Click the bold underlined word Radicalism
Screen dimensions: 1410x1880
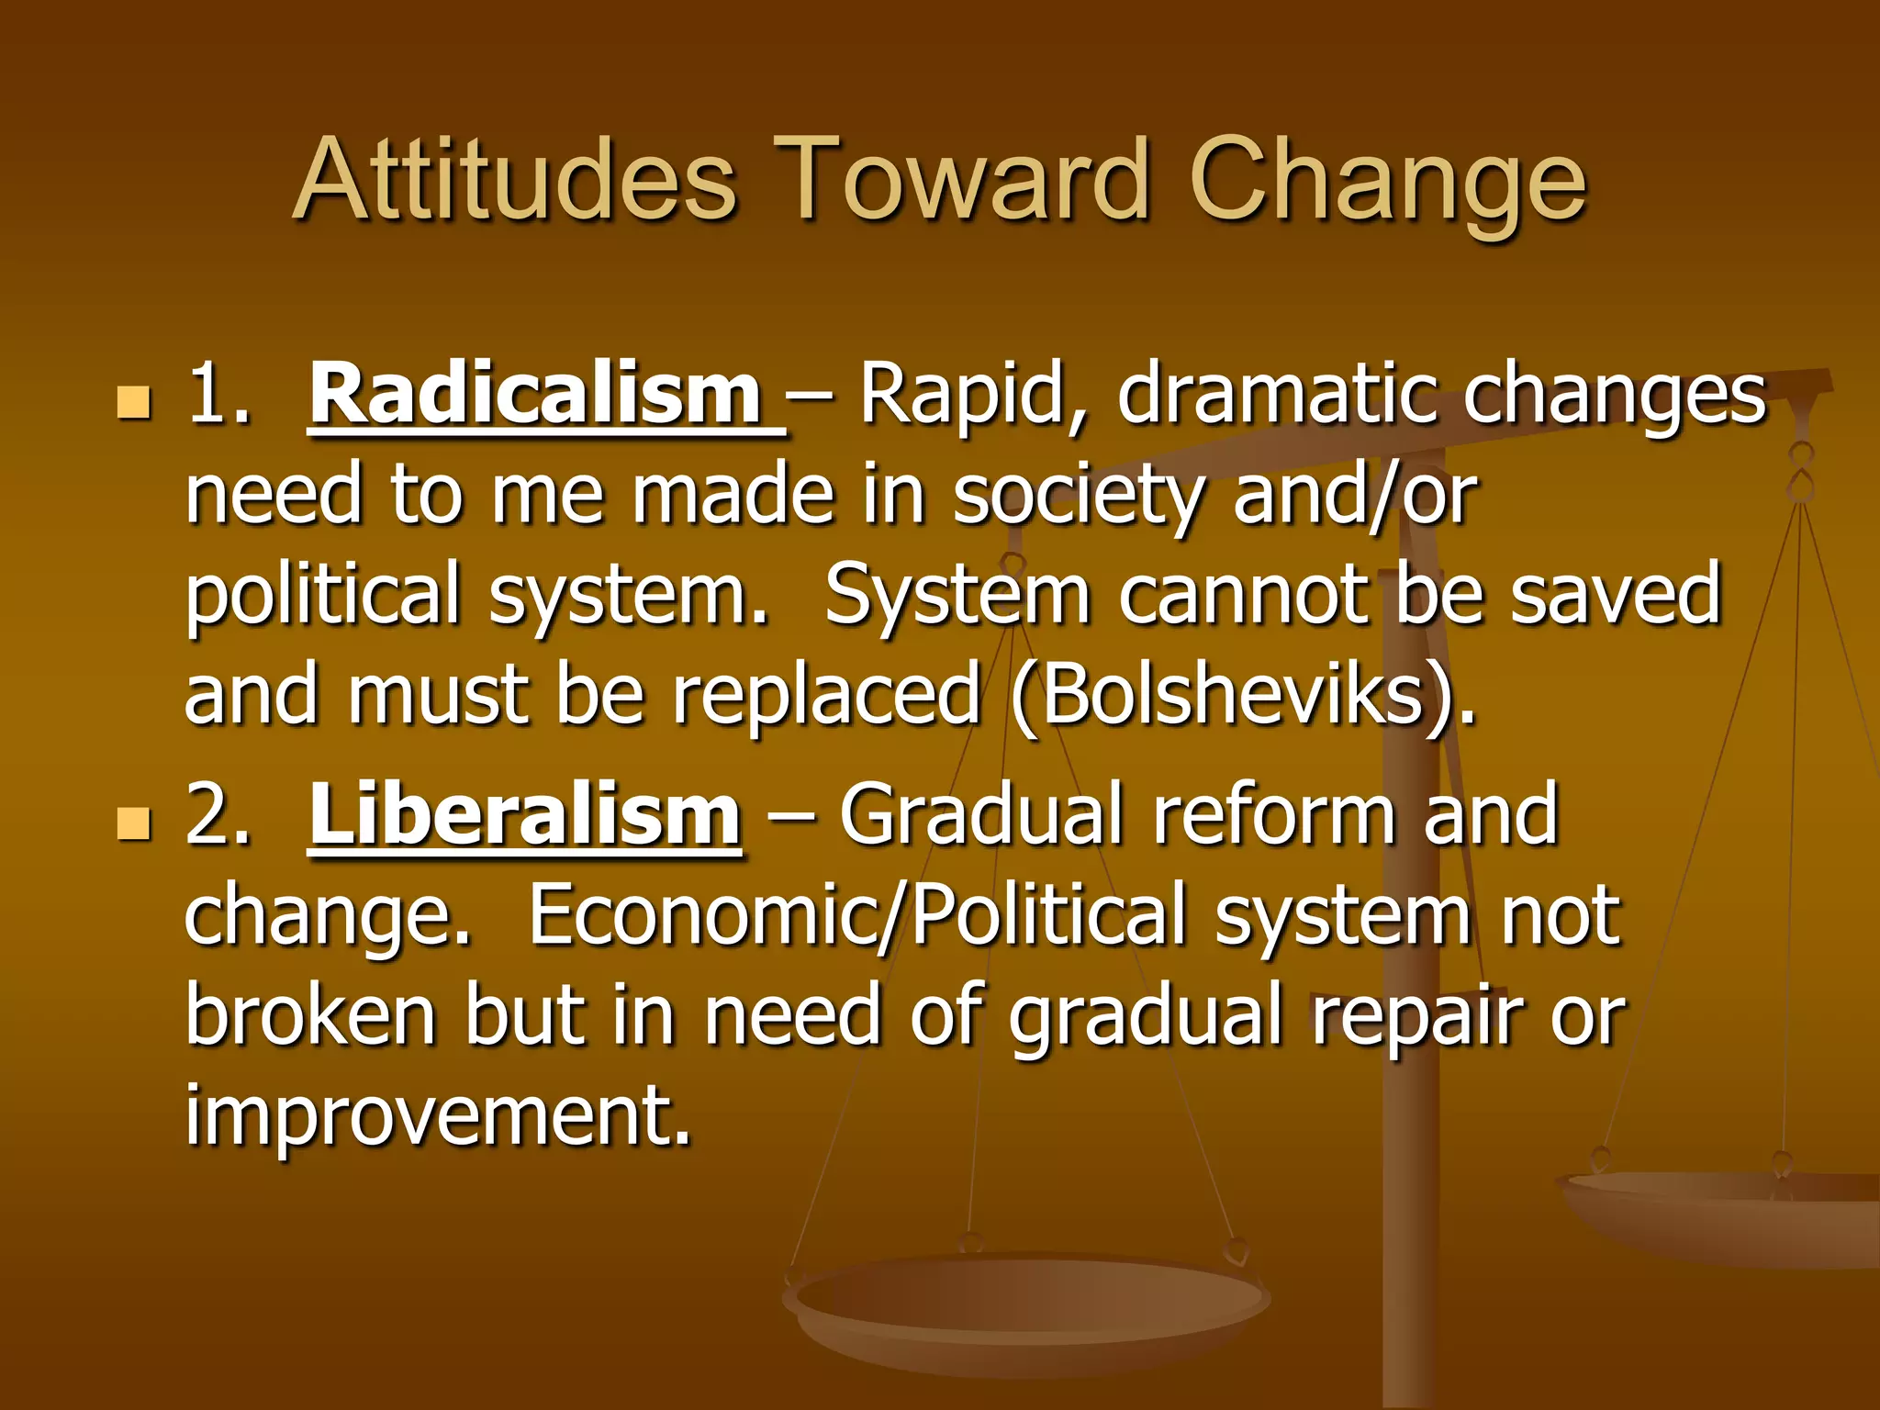(x=537, y=395)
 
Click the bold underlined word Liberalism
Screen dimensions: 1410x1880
(x=524, y=815)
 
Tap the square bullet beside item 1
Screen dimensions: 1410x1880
(x=134, y=402)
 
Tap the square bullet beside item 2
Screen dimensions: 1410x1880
(x=134, y=822)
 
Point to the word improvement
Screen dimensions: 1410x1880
(x=437, y=1118)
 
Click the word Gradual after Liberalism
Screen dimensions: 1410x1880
(x=981, y=815)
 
